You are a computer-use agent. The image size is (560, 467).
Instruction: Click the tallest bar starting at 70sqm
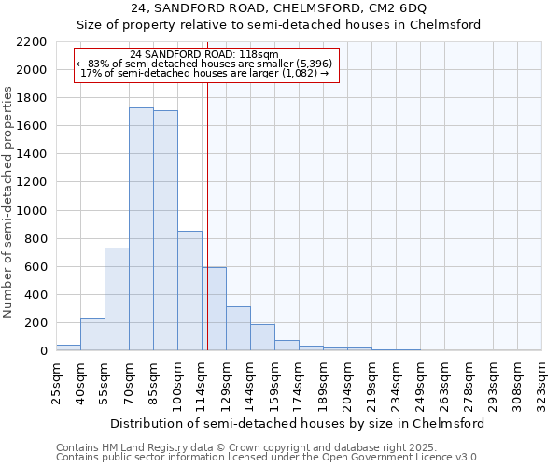pyautogui.click(x=141, y=229)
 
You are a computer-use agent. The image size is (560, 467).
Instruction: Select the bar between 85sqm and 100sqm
pyautogui.click(x=165, y=231)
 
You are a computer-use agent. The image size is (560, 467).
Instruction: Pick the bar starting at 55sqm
pyautogui.click(x=117, y=299)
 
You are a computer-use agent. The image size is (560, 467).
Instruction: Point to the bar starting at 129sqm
pyautogui.click(x=238, y=329)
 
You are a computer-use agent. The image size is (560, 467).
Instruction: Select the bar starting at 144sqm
pyautogui.click(x=262, y=337)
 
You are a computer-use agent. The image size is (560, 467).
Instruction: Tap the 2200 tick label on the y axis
pyautogui.click(x=32, y=42)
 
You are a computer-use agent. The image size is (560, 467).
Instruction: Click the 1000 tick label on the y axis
pyautogui.click(x=32, y=211)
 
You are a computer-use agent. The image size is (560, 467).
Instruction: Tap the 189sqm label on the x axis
pyautogui.click(x=323, y=382)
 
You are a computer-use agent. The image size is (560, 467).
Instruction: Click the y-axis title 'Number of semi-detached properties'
pyautogui.click(x=9, y=203)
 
